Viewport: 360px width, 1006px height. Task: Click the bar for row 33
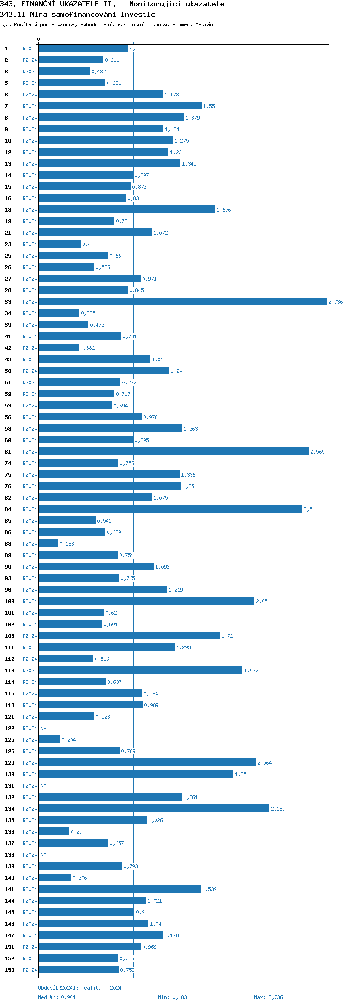182,301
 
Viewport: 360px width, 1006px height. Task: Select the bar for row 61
173,451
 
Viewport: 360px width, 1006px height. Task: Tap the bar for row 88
48,543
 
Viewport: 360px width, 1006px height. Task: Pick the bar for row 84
170,509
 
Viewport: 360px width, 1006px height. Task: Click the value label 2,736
336,302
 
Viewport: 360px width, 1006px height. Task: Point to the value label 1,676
224,210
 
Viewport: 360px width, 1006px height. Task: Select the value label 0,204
69,740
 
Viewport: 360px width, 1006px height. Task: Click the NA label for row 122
43,728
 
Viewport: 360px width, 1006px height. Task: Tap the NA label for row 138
43,855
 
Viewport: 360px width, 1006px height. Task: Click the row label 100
10,601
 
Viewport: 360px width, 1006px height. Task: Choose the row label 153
10,970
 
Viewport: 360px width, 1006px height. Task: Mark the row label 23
8,244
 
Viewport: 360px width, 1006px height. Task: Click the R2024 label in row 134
30,809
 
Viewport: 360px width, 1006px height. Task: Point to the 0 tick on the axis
39,39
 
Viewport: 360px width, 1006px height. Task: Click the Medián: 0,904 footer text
57,997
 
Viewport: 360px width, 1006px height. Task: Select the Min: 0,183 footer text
172,997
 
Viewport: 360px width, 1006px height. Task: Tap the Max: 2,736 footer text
268,997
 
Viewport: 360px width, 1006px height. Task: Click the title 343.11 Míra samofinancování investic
77,14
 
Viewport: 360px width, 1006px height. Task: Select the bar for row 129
147,762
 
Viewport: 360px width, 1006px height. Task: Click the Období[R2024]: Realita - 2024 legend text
80,988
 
